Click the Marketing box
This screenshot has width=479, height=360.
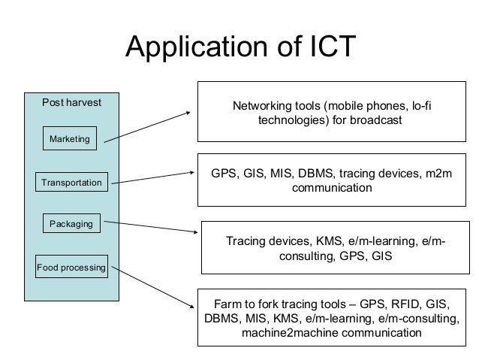coord(69,139)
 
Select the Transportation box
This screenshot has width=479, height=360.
coord(72,182)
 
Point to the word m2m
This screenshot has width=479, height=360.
coord(440,174)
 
